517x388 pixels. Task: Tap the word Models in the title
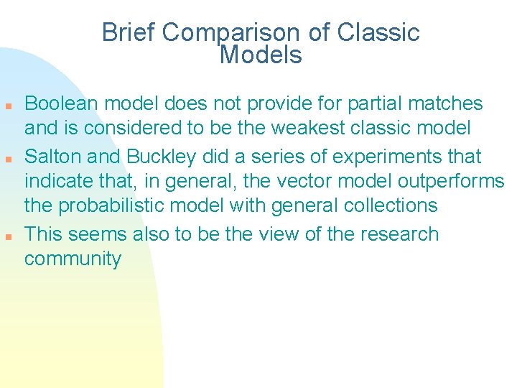[x=261, y=55]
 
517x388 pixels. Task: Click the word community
[x=73, y=259]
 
